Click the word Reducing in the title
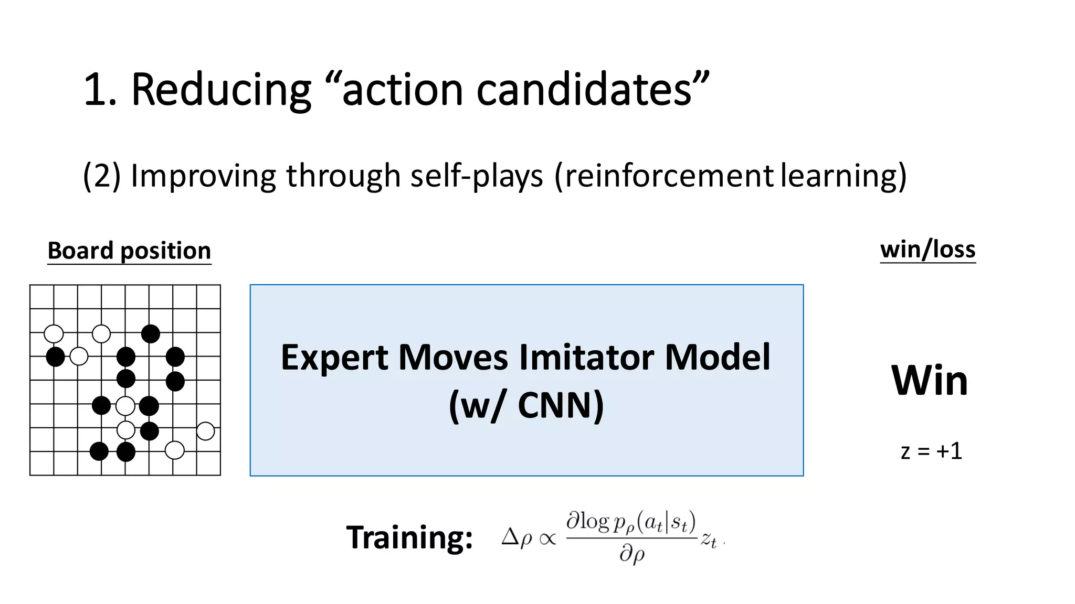[x=221, y=90]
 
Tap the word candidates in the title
[x=584, y=90]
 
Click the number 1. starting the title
[x=100, y=90]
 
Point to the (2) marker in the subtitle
[x=102, y=176]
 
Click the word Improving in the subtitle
[x=203, y=176]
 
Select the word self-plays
[x=477, y=176]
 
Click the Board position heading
[x=129, y=251]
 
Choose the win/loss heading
[x=928, y=249]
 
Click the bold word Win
[x=929, y=381]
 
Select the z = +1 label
[x=931, y=451]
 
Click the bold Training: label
[x=409, y=537]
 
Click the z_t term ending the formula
[x=709, y=539]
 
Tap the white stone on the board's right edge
[x=205, y=431]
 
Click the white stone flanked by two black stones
[x=125, y=405]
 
